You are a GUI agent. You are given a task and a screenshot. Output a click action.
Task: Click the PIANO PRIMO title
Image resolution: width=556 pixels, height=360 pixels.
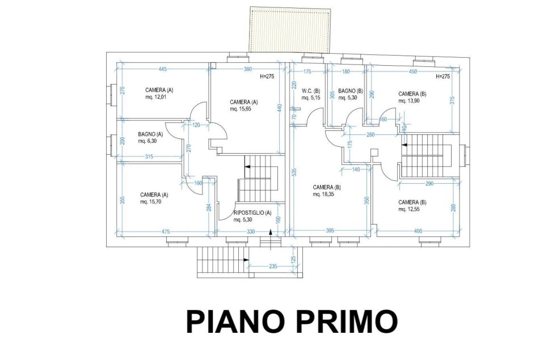click(292, 321)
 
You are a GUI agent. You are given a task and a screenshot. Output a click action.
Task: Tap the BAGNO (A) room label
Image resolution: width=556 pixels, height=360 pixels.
click(150, 134)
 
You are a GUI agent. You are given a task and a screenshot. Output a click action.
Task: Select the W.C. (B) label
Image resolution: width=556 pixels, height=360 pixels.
click(311, 91)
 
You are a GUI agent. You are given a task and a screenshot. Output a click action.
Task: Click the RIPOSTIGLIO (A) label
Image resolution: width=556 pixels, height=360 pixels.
click(252, 213)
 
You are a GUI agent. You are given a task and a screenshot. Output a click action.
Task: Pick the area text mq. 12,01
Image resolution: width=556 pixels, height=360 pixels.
click(155, 97)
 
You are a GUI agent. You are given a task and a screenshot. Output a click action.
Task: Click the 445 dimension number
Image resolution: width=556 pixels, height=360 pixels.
click(162, 69)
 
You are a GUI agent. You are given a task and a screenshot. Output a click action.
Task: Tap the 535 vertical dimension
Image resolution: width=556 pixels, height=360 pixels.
click(294, 172)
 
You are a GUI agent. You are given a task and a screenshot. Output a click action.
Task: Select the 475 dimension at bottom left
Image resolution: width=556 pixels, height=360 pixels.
click(166, 232)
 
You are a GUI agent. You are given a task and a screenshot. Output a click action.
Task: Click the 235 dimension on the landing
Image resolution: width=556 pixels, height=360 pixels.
click(273, 266)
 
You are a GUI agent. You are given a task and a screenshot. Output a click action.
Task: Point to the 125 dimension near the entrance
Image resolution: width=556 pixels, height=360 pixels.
click(293, 260)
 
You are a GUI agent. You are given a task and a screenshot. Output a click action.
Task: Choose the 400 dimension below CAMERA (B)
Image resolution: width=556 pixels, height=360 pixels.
click(418, 231)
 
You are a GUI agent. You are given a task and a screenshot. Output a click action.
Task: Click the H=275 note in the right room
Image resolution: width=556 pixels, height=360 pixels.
click(443, 76)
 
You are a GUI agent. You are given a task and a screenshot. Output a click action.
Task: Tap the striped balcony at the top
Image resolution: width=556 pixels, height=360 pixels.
click(290, 29)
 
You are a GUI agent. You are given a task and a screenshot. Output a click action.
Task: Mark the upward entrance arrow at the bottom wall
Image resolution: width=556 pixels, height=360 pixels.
click(271, 239)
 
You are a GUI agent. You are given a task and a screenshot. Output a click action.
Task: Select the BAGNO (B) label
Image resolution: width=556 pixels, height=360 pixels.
click(351, 91)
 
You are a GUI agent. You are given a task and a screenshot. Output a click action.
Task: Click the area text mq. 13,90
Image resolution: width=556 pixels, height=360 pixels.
click(409, 101)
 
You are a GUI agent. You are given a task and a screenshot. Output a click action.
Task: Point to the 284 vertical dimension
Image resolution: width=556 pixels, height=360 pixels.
click(209, 207)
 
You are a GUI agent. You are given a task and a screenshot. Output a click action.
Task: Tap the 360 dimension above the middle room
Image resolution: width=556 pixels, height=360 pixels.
click(248, 69)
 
